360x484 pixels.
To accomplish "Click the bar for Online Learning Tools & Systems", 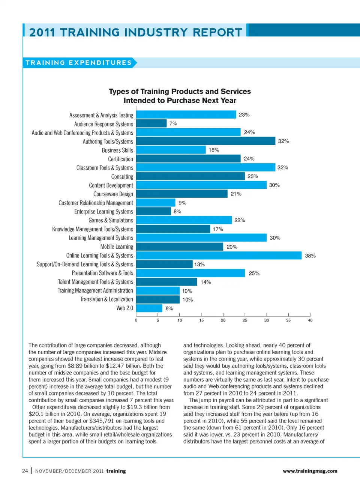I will tap(219, 256).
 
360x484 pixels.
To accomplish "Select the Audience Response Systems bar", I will tap(151, 123).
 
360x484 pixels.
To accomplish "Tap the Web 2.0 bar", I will tap(149, 308).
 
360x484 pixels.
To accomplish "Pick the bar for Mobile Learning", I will tap(180, 247).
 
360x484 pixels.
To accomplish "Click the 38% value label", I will tap(310, 256).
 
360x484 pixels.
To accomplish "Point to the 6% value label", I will tap(169, 309).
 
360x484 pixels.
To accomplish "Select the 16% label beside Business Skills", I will tap(214, 150).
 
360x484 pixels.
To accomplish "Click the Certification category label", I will tap(120, 159).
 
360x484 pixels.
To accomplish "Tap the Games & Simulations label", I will tap(111, 221).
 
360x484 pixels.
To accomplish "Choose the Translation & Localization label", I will tap(106, 299).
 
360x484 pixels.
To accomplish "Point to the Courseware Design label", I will tap(113, 194).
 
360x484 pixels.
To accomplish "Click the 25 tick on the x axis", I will tap(245, 320).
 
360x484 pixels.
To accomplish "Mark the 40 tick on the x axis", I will tap(310, 320).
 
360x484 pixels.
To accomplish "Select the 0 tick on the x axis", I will tap(136, 320).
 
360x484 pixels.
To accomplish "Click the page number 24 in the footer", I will tap(25, 471).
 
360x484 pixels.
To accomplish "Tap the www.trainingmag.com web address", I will tap(310, 471).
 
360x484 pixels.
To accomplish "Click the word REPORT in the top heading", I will tap(217, 33).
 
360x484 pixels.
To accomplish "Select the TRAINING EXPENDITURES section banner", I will tap(79, 63).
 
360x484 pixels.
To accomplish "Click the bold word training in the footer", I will tap(116, 471).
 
